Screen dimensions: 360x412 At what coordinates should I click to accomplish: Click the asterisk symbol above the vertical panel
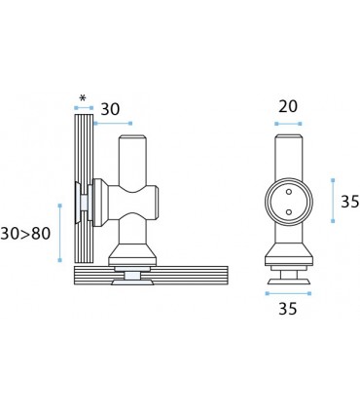pos(83,97)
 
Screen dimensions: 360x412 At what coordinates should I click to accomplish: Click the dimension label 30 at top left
pos(110,109)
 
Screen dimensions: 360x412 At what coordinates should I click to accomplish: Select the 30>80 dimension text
pos(25,234)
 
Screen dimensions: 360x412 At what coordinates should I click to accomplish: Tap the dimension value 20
pos(288,106)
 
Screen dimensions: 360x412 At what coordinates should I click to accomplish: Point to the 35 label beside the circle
pos(350,202)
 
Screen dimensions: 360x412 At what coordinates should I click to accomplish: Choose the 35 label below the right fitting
pos(288,309)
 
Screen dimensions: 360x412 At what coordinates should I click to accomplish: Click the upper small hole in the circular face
pos(289,192)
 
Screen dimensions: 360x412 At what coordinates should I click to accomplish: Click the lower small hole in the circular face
pos(289,212)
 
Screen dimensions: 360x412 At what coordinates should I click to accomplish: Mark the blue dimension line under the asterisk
pos(84,108)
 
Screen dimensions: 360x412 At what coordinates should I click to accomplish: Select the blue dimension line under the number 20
pos(288,124)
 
